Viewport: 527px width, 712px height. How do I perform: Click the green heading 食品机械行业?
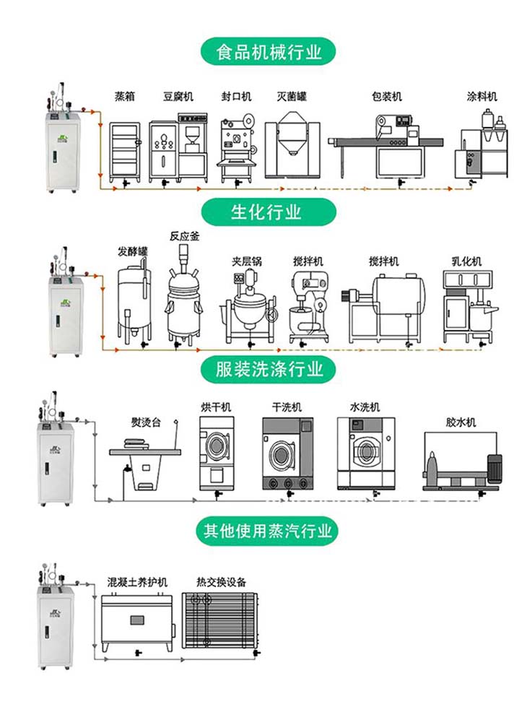[x=269, y=52]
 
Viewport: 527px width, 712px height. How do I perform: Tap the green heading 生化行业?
[x=266, y=212]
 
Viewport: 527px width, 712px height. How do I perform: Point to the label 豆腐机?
[x=178, y=96]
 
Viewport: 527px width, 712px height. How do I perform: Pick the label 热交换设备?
[x=221, y=582]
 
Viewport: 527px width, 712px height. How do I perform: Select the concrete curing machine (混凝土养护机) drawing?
[x=135, y=620]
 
